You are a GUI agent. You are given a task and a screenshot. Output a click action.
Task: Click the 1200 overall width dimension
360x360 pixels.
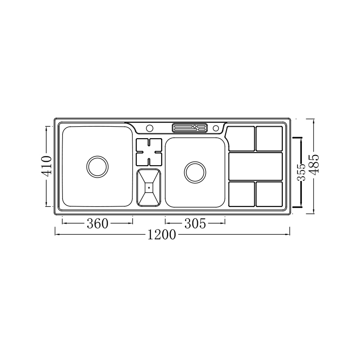click(161, 235)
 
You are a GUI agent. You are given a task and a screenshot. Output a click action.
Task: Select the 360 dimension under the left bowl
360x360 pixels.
click(97, 223)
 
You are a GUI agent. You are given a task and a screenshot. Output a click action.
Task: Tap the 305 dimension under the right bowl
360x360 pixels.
click(195, 223)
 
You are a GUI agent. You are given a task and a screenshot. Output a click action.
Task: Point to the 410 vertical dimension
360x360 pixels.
click(46, 167)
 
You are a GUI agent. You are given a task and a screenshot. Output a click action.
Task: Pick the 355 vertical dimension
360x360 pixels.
click(301, 172)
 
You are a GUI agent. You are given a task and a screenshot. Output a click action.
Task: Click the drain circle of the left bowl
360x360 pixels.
click(97, 167)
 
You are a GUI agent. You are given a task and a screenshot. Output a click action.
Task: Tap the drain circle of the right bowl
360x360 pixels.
click(195, 172)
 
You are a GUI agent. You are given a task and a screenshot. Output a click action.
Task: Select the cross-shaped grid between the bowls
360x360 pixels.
click(149, 152)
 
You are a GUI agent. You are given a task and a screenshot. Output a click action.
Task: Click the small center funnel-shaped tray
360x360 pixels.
click(149, 187)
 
